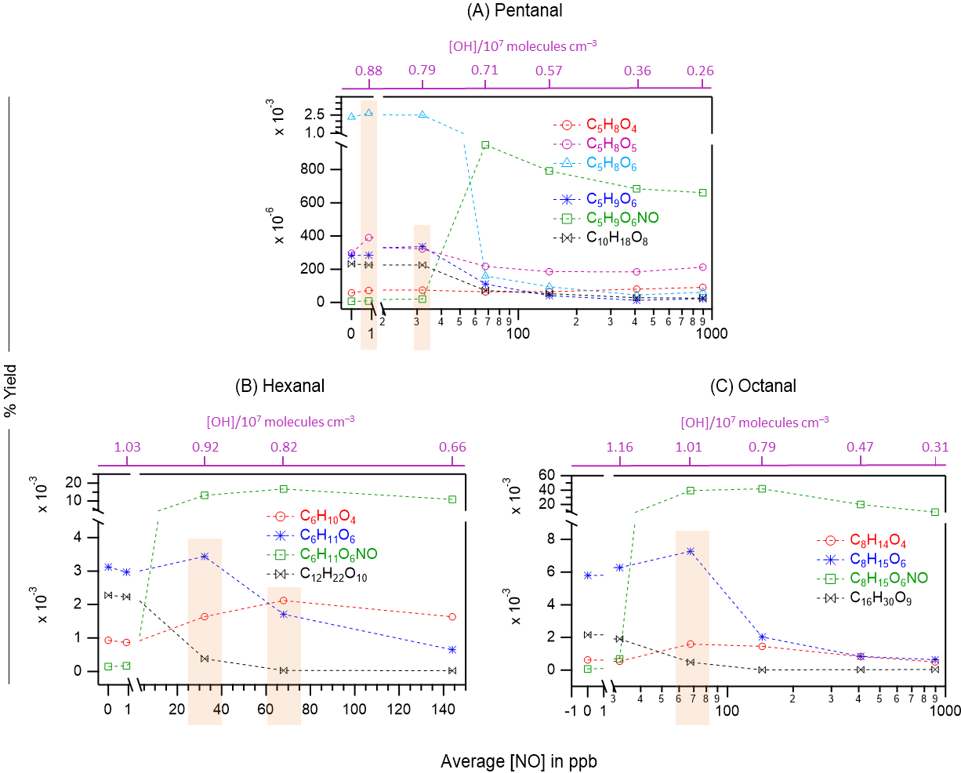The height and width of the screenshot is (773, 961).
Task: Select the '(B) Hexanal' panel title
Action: click(x=280, y=386)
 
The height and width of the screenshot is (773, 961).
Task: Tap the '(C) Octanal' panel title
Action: click(x=752, y=386)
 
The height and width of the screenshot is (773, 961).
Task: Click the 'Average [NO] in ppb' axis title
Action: click(x=519, y=761)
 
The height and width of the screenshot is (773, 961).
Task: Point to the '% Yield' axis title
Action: click(x=11, y=390)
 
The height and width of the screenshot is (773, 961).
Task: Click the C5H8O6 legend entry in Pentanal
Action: click(x=611, y=164)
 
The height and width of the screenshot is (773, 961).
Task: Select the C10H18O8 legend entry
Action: click(x=617, y=238)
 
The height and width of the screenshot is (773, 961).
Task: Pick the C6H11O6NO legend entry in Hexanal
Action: click(x=338, y=554)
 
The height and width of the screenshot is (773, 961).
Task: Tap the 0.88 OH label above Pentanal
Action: click(x=368, y=71)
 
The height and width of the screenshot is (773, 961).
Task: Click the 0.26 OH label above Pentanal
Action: click(x=700, y=71)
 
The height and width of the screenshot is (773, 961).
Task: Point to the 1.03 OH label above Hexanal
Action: click(x=127, y=448)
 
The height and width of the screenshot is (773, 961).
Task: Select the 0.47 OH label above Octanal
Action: click(x=860, y=448)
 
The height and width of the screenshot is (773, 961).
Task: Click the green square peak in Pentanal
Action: click(x=485, y=145)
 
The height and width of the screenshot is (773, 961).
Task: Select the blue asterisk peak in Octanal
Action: click(x=691, y=551)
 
